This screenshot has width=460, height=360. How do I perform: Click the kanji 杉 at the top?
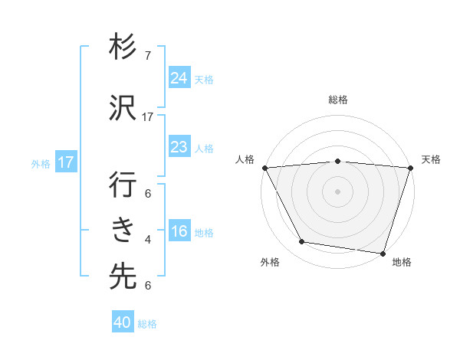pos(123,48)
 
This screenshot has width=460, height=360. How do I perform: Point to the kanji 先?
pos(123,276)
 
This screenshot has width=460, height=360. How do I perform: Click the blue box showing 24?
pos(179,77)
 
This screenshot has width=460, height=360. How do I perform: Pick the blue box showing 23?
pos(179,147)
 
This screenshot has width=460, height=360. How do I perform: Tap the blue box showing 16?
pos(179,232)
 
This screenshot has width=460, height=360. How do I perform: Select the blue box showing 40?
pos(123,322)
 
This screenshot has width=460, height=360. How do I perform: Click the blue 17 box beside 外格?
pos(65,162)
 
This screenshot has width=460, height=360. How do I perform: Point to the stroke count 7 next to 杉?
pos(148,56)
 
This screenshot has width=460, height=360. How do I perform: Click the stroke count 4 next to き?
pos(148,240)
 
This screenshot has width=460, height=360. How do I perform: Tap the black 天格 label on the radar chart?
pos(431,159)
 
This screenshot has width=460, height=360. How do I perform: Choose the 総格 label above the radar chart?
pos(338,100)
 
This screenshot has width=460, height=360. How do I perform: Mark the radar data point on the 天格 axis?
pos(410,168)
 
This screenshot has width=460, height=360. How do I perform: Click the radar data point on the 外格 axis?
pos(302,242)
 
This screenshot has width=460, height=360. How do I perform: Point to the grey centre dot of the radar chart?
pos(337,191)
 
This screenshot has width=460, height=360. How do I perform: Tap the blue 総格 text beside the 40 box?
pos(147,324)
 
